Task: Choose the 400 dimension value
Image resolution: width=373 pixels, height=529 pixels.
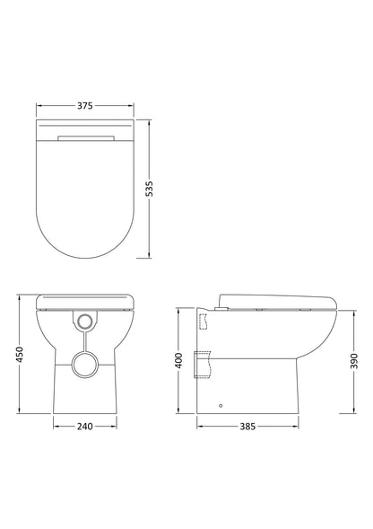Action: (x=179, y=360)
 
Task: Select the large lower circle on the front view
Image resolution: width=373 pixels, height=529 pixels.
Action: (x=84, y=366)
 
